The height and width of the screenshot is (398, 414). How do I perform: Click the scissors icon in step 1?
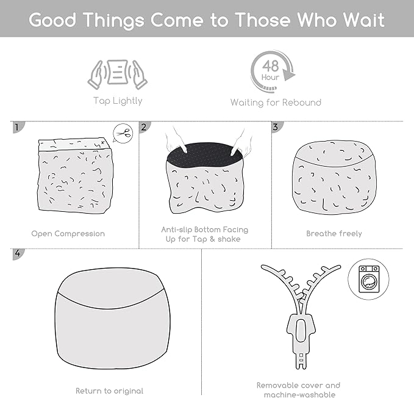tap(124, 133)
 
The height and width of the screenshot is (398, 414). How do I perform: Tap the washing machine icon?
tap(369, 279)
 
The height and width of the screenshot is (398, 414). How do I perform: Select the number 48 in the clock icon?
tap(271, 66)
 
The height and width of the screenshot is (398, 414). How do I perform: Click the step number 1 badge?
tap(18, 127)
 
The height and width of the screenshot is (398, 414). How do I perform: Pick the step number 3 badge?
tap(277, 127)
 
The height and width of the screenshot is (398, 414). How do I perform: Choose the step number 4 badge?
tap(18, 254)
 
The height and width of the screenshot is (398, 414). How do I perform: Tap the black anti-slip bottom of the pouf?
tap(204, 155)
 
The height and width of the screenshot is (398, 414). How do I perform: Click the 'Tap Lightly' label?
tap(118, 101)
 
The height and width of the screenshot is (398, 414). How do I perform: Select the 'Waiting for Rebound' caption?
tap(276, 103)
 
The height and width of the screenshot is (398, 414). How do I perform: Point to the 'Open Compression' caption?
tap(68, 234)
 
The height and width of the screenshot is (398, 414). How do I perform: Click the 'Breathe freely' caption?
tap(334, 234)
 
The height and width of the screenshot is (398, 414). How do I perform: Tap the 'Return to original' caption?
tap(109, 391)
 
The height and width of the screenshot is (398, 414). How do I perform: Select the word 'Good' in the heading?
tap(52, 20)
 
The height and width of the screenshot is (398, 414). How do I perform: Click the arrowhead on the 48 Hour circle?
tap(289, 74)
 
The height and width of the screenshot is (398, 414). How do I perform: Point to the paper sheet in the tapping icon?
tap(118, 72)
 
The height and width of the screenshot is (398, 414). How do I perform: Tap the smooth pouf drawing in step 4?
tap(112, 318)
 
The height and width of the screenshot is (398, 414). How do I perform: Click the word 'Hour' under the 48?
tap(270, 78)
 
